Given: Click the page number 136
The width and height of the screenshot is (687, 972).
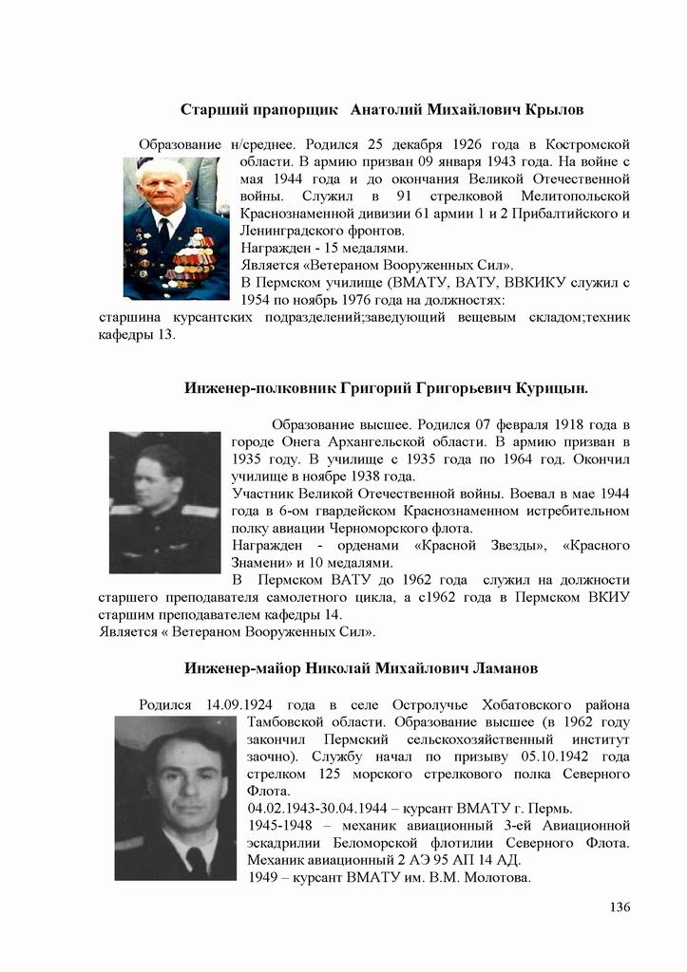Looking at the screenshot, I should coord(620,907).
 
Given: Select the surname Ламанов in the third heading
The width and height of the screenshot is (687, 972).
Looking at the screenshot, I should coord(504,668).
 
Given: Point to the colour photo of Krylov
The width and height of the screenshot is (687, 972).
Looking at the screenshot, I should coord(176,228).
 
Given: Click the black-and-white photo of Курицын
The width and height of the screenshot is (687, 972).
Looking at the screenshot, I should coord(164,502).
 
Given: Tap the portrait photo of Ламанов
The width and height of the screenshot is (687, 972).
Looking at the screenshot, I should coord(175,797).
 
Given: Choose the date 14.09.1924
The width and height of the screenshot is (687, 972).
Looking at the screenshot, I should coord(240,704).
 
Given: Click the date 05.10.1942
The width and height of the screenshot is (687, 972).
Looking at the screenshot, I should coord(556,757).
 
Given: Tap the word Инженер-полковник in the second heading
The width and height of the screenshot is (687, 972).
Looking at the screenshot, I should coord(252,388).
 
